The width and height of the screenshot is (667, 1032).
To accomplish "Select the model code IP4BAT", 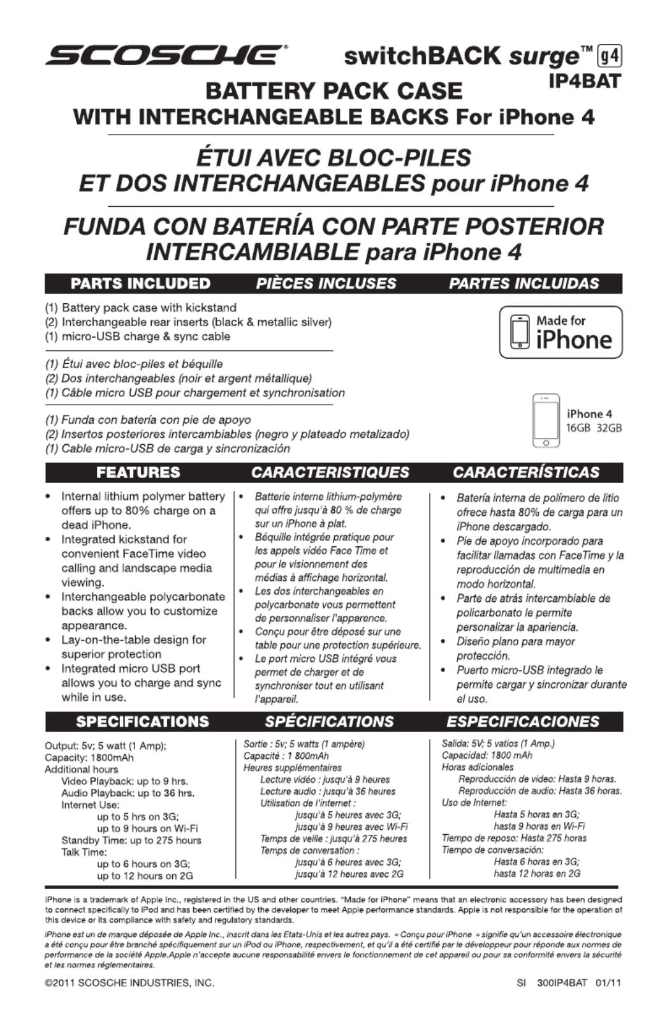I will (585, 82).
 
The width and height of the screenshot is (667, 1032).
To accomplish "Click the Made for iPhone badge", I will (561, 333).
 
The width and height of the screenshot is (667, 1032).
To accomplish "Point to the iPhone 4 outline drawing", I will (546, 421).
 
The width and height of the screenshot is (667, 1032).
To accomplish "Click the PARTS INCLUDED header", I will (140, 283).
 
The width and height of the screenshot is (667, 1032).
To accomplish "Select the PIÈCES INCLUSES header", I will (326, 283).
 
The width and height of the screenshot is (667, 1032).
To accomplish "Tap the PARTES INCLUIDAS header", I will (524, 283).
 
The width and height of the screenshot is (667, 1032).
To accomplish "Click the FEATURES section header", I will (138, 472).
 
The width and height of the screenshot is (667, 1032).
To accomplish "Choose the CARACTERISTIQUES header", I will (330, 472).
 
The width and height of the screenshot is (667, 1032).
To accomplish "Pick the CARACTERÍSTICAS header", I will (526, 472).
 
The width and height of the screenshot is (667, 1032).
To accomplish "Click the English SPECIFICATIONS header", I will (142, 722).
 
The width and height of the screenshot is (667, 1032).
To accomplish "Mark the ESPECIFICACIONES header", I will (523, 722).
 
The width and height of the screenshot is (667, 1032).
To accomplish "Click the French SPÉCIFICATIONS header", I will (329, 722).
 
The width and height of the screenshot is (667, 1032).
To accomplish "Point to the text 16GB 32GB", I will (594, 428).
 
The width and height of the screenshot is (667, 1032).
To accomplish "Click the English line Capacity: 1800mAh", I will (89, 758).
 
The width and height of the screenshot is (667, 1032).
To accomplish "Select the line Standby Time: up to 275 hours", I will (131, 841).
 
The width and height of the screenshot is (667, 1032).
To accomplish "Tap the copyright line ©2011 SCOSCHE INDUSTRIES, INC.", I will (129, 983).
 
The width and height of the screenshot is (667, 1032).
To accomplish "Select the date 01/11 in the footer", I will (608, 983).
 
